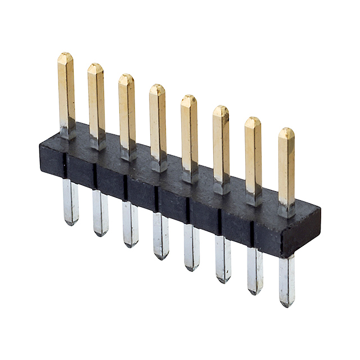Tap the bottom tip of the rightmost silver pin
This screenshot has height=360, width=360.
(x=287, y=304)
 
